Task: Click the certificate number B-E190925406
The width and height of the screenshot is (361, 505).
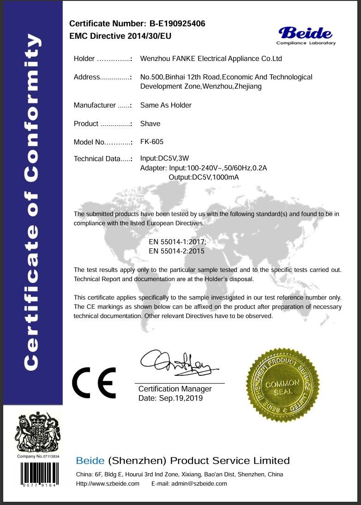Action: click(x=178, y=24)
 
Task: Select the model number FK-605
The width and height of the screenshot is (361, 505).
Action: click(x=152, y=142)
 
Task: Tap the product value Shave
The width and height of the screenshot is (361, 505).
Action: click(x=150, y=123)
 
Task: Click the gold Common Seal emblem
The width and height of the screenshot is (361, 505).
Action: click(x=280, y=384)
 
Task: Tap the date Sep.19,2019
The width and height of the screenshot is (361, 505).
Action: click(x=180, y=398)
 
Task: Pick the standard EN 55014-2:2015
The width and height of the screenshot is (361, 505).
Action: click(x=176, y=251)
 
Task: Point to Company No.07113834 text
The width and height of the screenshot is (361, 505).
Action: click(x=39, y=456)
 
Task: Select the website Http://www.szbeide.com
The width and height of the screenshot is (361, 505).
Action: click(x=108, y=483)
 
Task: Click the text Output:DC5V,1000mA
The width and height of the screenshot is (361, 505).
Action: click(x=204, y=177)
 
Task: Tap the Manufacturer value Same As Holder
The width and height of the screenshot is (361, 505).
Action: click(x=166, y=105)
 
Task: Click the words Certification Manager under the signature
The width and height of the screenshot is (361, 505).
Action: click(x=175, y=389)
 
